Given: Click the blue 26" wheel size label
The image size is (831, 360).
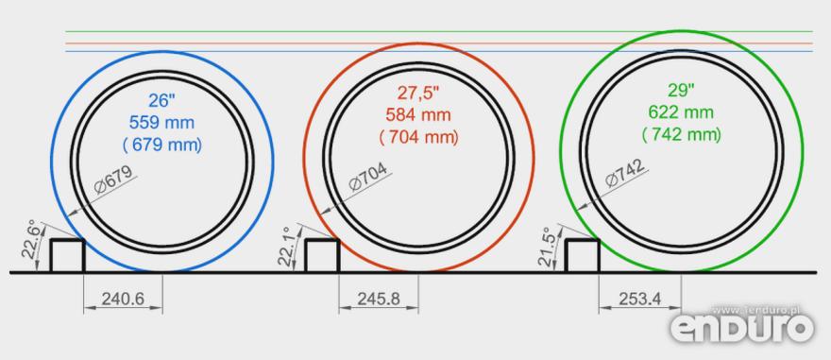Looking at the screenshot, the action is [x=161, y=100].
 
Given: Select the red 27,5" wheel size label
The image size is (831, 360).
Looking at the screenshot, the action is [x=418, y=93].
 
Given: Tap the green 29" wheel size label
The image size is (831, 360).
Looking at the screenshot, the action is [x=681, y=90].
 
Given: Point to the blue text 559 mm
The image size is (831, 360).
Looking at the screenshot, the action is [x=161, y=123].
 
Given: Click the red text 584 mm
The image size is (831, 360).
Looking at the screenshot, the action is [x=418, y=114].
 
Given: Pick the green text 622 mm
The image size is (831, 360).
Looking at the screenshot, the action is [x=681, y=112].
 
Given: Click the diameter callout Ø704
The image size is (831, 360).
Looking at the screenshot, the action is [x=368, y=177].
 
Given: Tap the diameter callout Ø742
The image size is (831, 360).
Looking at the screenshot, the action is [x=625, y=173].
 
